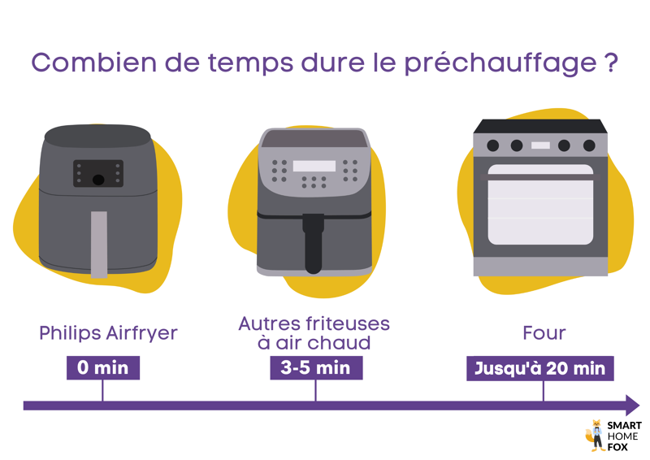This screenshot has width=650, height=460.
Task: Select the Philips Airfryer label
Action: point(108,333)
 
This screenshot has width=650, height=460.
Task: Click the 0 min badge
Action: point(103,367)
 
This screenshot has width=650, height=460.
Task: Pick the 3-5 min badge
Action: point(315,367)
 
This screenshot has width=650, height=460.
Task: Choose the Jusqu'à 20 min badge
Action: point(540,367)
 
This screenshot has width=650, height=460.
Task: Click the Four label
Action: point(544,333)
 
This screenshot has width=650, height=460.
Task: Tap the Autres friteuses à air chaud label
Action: point(314,333)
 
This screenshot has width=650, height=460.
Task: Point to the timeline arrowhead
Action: point(631,405)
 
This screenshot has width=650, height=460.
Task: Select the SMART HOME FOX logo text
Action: point(624,436)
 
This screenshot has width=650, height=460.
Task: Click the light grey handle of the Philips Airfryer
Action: point(98,244)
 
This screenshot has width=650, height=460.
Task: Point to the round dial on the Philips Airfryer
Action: point(97,180)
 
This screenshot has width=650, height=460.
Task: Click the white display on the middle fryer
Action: point(314,166)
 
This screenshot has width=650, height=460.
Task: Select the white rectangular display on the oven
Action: point(540,145)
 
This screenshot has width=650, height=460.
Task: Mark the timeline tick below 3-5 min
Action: point(315,391)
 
